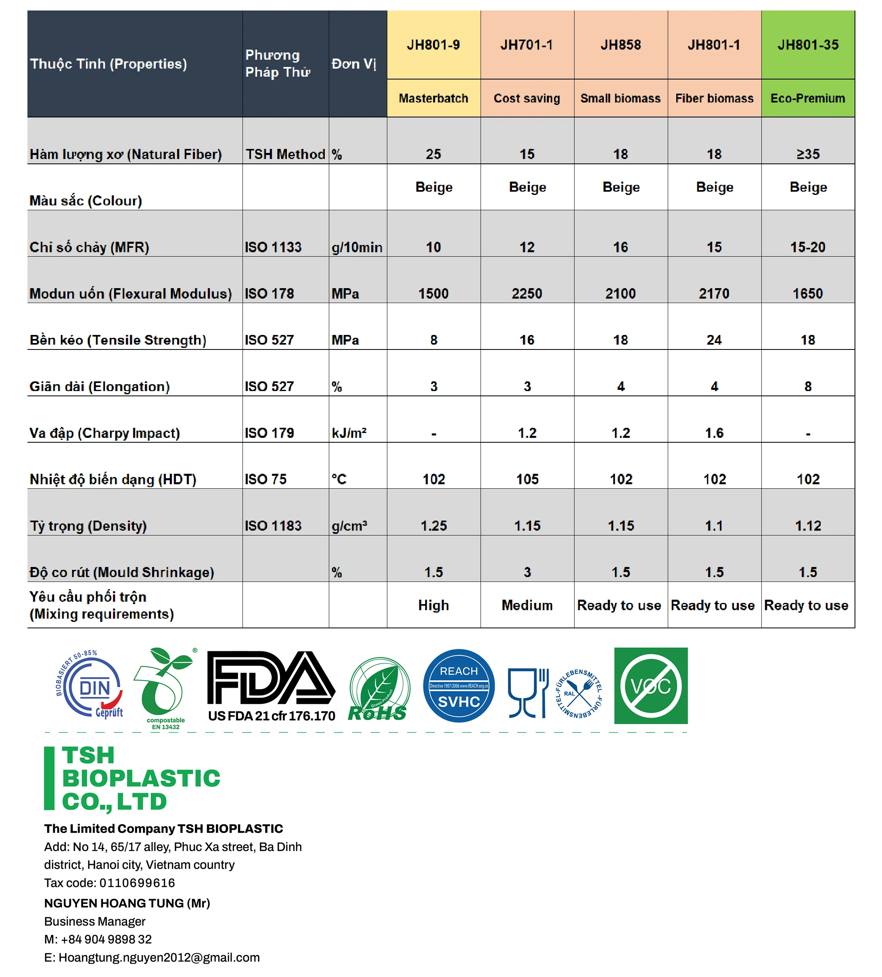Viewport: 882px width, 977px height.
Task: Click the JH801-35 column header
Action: (x=808, y=45)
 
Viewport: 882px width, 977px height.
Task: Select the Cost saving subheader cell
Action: (x=527, y=98)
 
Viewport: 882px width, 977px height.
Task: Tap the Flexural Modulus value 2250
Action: (x=527, y=294)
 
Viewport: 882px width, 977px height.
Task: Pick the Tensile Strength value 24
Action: (x=714, y=340)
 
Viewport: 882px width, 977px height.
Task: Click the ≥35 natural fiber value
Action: (x=808, y=154)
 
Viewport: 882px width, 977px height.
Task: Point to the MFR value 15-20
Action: (x=808, y=247)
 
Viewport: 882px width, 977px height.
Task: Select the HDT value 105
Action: (x=527, y=479)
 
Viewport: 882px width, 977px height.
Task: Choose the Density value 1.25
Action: (x=434, y=526)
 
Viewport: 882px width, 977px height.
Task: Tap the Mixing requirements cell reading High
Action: (x=434, y=605)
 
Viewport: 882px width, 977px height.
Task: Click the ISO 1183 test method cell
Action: (x=273, y=526)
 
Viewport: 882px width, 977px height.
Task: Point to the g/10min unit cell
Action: (x=357, y=247)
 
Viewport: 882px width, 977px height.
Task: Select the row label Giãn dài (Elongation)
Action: (x=100, y=387)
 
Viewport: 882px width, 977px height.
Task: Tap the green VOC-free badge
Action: (x=650, y=685)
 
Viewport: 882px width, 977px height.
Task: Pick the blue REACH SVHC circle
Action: (x=458, y=686)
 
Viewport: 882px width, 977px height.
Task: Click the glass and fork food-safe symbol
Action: (x=528, y=692)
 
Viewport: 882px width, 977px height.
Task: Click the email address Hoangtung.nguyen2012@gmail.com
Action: (x=159, y=958)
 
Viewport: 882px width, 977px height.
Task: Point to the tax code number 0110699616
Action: (x=137, y=883)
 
